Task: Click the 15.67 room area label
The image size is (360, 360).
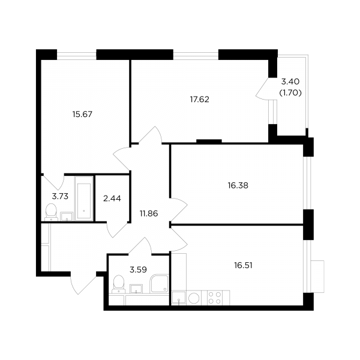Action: (82, 114)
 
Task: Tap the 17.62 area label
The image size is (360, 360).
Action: (200, 100)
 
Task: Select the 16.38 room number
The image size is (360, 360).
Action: (238, 185)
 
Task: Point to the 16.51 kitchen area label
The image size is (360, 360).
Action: (243, 265)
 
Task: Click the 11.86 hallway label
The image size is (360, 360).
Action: (149, 214)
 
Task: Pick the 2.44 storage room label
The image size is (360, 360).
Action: (112, 199)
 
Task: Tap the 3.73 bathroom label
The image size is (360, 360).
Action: (60, 197)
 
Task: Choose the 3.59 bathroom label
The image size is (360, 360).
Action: (138, 269)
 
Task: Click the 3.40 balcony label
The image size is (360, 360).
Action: (290, 82)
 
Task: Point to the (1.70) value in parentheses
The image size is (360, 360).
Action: (290, 93)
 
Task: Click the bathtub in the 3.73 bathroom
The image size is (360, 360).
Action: (84, 199)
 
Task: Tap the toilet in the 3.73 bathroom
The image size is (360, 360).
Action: (51, 212)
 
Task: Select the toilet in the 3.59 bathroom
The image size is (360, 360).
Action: (118, 284)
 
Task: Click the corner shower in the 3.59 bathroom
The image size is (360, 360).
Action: (159, 284)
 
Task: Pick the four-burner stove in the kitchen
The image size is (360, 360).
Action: (214, 298)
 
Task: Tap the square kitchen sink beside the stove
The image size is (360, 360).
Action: (179, 298)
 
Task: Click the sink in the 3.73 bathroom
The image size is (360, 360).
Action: (67, 217)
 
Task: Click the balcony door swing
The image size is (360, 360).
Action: (262, 89)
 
